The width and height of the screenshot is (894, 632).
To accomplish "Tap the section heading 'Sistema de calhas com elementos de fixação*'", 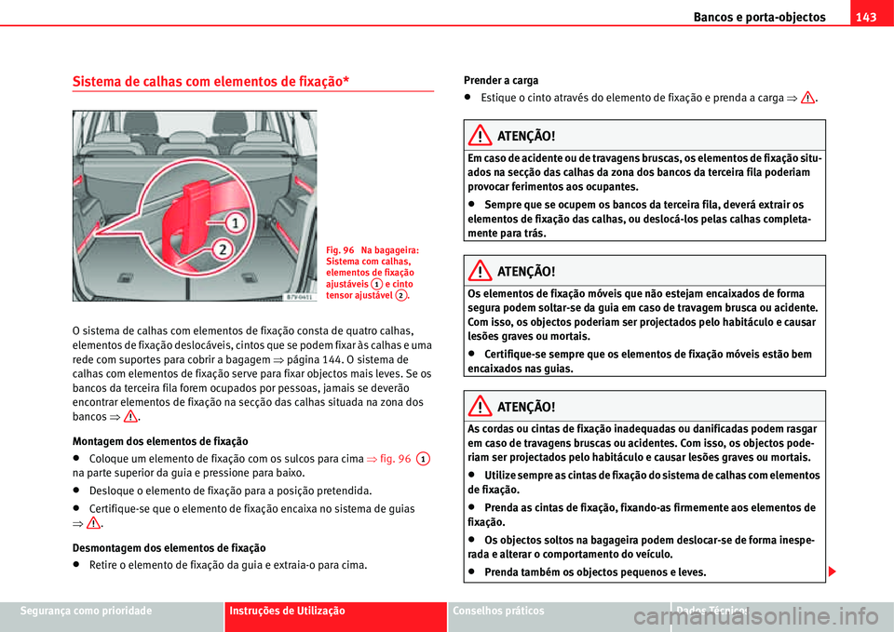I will point(210,81).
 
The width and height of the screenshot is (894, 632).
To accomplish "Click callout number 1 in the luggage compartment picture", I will point(237,223).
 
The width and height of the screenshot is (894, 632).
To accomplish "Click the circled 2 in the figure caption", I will point(399,294).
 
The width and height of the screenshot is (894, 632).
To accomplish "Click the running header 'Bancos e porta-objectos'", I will point(759,17).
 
